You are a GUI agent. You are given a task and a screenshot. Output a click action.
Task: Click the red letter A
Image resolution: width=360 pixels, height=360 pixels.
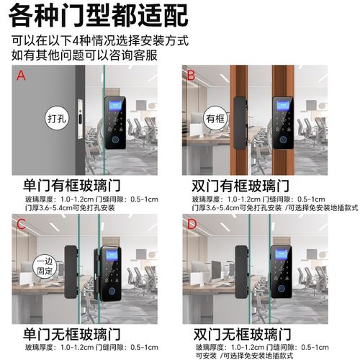click(x=21, y=74)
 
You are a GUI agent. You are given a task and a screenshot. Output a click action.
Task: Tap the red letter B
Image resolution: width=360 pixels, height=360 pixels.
click(x=191, y=74)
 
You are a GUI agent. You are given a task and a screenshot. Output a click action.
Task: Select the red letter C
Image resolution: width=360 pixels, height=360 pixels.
click(x=21, y=224)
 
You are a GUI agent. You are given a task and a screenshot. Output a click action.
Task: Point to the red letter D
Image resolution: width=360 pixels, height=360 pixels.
click(x=191, y=224)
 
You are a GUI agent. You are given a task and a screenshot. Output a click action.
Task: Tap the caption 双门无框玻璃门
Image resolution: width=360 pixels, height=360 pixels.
click(x=240, y=335)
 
